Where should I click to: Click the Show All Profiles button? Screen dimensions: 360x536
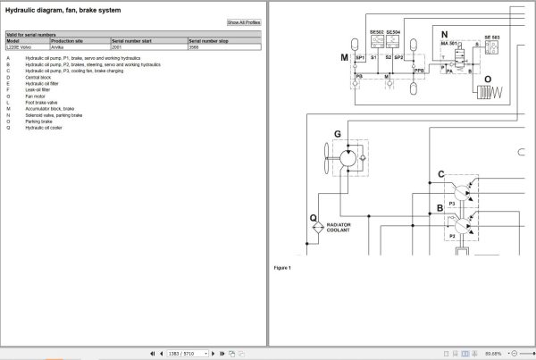244,22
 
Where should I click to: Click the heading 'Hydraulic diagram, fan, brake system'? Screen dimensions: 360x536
61,9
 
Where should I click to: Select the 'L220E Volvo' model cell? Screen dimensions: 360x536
18,47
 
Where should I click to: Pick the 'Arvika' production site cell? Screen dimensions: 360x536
58,47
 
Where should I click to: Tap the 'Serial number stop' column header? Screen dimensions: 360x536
208,41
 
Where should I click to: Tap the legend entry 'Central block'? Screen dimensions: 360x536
38,78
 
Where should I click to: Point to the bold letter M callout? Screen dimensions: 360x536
345,58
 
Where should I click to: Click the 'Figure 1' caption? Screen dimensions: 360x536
282,267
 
